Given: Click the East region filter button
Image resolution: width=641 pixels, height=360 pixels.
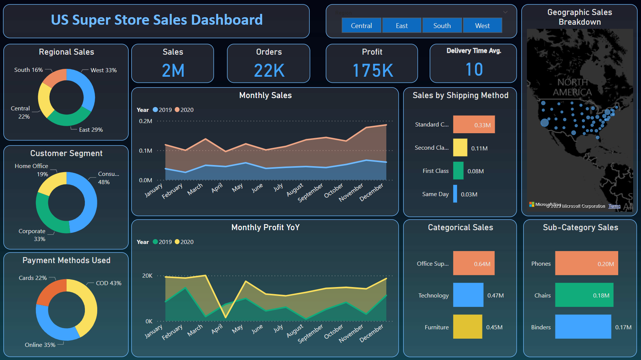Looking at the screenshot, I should [402, 25].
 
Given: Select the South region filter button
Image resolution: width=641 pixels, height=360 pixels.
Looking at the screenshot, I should [442, 25].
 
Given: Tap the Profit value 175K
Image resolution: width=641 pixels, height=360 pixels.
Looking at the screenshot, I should [372, 71].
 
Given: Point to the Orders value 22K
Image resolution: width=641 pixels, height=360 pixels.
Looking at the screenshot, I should [269, 71].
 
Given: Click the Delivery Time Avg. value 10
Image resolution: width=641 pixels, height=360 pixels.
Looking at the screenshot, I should [474, 70].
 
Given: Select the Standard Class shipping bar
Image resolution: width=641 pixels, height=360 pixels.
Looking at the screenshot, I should [474, 125].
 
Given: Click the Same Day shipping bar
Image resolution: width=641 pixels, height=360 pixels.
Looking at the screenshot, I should [455, 194].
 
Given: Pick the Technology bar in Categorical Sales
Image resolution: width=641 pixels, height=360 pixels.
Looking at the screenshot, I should [468, 295].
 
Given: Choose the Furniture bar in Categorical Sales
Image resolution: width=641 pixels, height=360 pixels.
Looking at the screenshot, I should [467, 327].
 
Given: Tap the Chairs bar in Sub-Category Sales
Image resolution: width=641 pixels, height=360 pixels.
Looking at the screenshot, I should [584, 295].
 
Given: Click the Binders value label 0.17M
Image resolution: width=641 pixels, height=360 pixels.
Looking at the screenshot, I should [623, 327].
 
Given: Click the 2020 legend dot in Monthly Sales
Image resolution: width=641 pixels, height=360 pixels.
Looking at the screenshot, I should [177, 110].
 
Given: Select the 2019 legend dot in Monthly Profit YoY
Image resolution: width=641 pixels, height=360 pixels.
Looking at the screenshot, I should [156, 242].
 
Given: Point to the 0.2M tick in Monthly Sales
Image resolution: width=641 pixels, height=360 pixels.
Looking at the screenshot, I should [145, 121].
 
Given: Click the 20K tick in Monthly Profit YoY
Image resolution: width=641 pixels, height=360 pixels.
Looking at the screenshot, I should [147, 276].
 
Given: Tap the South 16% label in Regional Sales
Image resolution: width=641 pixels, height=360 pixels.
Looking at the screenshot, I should [28, 70].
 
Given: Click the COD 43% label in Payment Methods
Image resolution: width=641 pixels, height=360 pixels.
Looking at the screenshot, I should [108, 283].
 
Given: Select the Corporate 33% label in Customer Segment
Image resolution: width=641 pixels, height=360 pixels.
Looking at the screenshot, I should [32, 235].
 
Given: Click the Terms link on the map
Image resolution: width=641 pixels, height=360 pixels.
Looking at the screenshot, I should [614, 206].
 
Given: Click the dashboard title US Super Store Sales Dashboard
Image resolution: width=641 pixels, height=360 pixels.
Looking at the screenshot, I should [157, 20].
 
